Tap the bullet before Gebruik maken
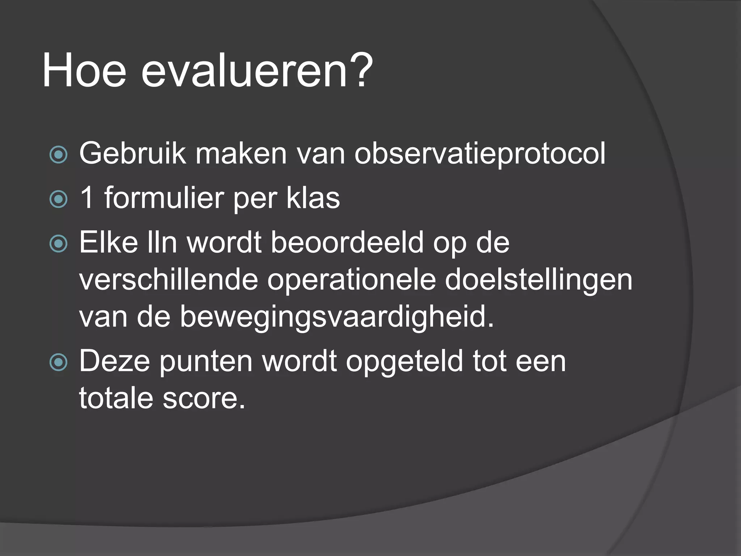pos(58,155)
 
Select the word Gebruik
pos(132,153)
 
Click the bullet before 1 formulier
pos(58,199)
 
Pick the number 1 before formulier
pos(87,198)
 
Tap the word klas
pos(313,198)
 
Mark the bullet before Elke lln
pos(58,244)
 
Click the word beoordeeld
pos(347,242)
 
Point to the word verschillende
pos(168,279)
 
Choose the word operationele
pos(351,279)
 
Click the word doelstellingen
pos(538,279)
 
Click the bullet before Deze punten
pos(58,362)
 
